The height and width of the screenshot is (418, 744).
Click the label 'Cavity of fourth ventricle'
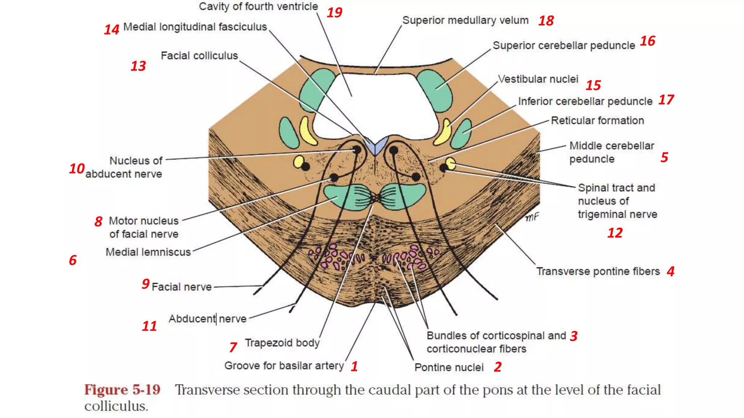(258, 7)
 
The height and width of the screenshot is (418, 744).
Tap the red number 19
(334, 13)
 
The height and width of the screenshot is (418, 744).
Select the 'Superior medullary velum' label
(465, 20)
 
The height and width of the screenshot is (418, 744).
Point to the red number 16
(647, 41)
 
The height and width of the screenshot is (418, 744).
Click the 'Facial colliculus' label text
(199, 56)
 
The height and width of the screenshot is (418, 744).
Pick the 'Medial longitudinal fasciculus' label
(195, 27)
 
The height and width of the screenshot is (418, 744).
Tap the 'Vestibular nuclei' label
(538, 79)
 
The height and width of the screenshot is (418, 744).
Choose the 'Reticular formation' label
(597, 120)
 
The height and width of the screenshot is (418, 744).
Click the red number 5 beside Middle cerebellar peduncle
(664, 157)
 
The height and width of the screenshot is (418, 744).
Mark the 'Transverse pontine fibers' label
(598, 271)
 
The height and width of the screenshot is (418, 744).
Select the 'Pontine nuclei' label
(449, 368)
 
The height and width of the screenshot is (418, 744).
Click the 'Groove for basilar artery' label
(284, 366)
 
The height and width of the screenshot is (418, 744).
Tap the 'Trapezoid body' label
(282, 343)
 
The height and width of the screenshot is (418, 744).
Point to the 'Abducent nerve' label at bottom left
(207, 319)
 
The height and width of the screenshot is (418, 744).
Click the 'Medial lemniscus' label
(148, 252)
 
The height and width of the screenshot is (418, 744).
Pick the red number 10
(77, 168)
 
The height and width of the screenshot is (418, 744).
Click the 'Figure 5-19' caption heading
(122, 390)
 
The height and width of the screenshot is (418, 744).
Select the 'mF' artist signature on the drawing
(532, 217)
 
